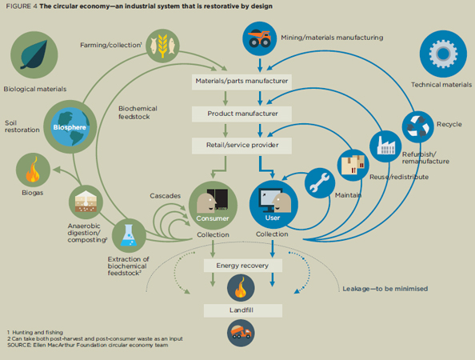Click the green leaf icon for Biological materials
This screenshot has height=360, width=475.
34,54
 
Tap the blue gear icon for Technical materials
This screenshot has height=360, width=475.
442,53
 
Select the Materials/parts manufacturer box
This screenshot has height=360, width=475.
241,82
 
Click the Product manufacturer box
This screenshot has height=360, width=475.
241,114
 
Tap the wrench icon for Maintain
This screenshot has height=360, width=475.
319,183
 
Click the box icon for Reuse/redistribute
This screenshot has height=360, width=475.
353,165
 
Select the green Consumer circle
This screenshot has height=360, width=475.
213,205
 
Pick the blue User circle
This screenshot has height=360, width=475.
273,205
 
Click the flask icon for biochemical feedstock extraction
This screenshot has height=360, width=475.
127,234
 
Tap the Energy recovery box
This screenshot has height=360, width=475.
241,266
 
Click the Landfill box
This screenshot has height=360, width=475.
241,310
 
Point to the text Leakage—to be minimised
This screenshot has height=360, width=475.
385,288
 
